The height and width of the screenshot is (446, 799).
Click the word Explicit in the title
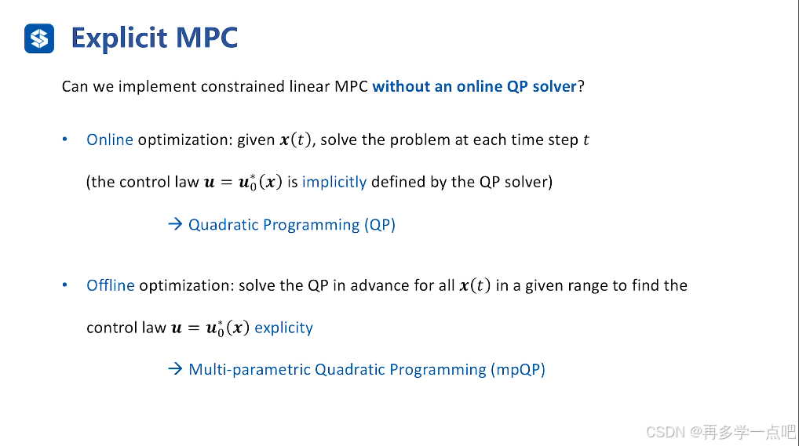point(118,38)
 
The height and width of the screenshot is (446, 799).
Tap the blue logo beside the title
point(39,38)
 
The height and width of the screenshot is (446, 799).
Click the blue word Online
point(110,140)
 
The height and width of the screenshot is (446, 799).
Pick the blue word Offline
point(111,285)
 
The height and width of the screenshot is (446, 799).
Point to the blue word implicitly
point(334,182)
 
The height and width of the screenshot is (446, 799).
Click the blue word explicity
point(283,328)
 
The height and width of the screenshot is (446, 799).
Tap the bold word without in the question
point(401,86)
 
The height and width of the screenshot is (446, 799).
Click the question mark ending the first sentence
point(581,86)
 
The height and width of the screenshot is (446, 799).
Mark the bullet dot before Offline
point(65,285)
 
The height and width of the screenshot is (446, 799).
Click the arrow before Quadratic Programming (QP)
point(175,225)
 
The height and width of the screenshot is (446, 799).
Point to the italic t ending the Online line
point(586,140)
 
